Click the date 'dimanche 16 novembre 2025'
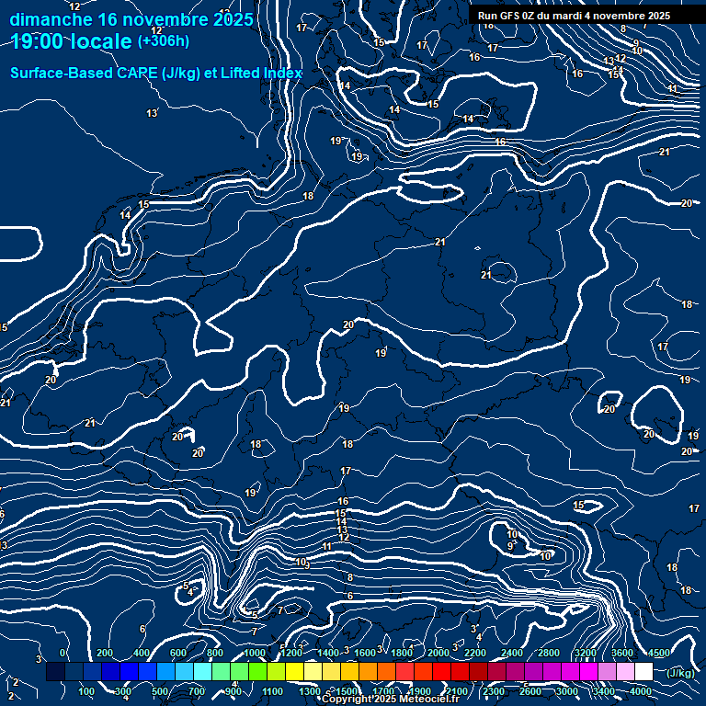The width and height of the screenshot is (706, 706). pyautogui.click(x=131, y=19)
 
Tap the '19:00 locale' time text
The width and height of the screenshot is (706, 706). pyautogui.click(x=72, y=41)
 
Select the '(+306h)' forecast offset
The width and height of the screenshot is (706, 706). pyautogui.click(x=164, y=41)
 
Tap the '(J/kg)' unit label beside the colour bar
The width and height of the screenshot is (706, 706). pyautogui.click(x=680, y=673)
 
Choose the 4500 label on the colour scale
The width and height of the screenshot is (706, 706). pyautogui.click(x=660, y=653)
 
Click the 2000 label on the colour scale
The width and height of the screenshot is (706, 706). pyautogui.click(x=438, y=653)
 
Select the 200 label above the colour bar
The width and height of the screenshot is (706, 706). pyautogui.click(x=104, y=653)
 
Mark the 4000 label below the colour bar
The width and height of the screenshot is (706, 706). pyautogui.click(x=641, y=691)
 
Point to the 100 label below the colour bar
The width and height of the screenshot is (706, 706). pyautogui.click(x=86, y=691)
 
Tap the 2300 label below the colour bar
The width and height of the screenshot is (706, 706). pyautogui.click(x=493, y=691)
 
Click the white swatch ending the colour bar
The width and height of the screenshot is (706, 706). pyautogui.click(x=643, y=672)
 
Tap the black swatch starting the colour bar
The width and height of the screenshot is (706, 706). pyautogui.click(x=55, y=672)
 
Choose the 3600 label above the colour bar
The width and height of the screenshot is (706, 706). pyautogui.click(x=622, y=653)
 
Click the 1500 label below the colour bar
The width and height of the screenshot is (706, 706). pyautogui.click(x=346, y=691)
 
